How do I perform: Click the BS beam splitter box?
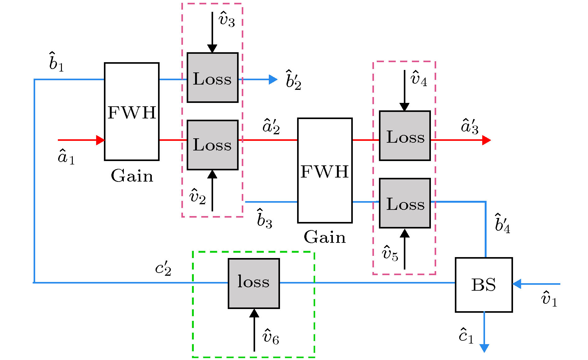coord(483,284)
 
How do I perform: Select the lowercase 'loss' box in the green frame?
coord(254,283)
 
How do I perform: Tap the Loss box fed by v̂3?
coord(212,78)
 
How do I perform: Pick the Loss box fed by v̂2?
coord(212,145)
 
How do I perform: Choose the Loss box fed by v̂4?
coord(405,136)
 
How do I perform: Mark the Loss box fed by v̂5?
coord(405,203)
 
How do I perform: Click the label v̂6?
coord(271,337)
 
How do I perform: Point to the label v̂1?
coord(549,299)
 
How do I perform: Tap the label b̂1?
coord(56,62)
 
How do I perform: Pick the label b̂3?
coord(264,219)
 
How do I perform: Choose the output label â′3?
coord(469,127)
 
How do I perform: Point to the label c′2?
coord(163,268)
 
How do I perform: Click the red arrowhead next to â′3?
coord(486,140)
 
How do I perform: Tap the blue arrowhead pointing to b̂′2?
coord(273,80)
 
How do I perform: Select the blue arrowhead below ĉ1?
coord(484,348)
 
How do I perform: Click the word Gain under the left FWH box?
coord(132,176)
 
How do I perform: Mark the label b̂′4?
coord(502,224)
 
